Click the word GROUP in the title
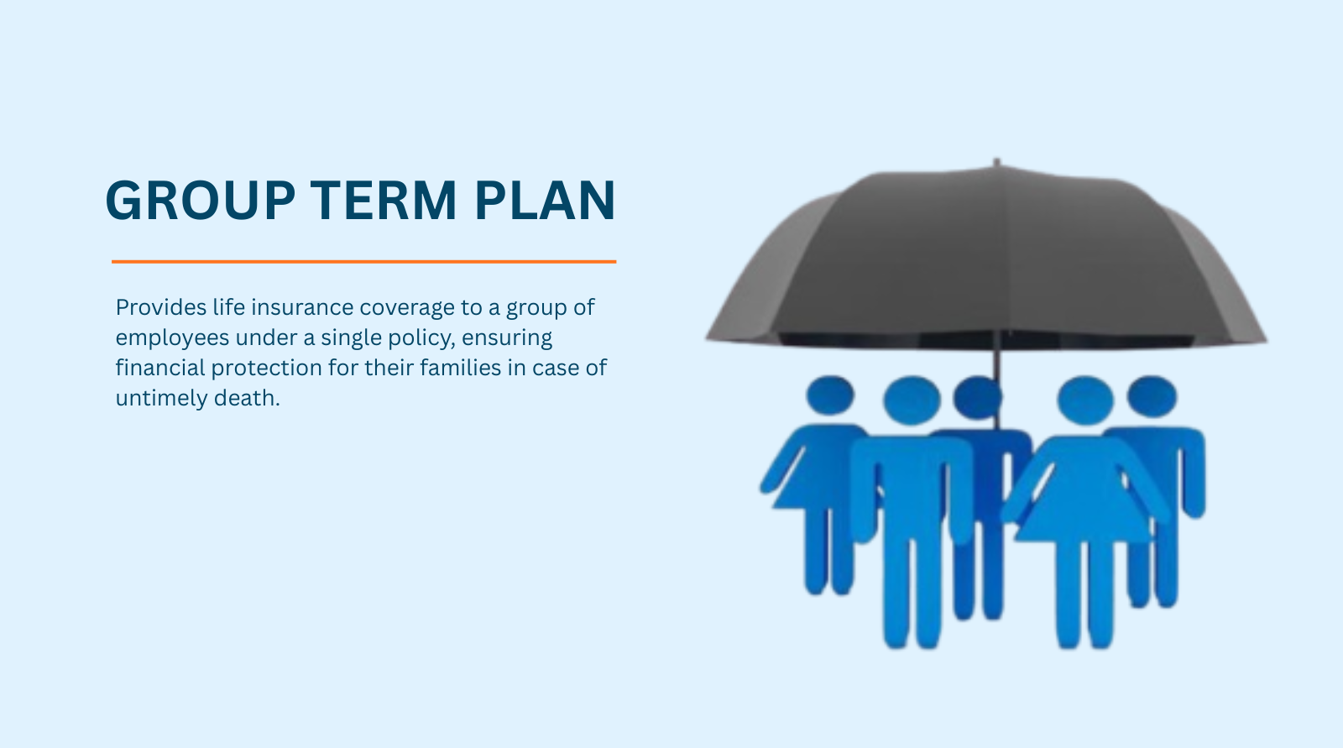tap(201, 201)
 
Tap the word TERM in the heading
tap(384, 201)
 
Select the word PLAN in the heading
tap(545, 201)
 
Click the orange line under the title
tap(364, 262)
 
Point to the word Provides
tap(161, 307)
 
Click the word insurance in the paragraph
tap(302, 307)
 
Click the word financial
tap(160, 367)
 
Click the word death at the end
tap(247, 398)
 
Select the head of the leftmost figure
tap(830, 395)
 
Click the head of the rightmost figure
tap(1152, 396)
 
